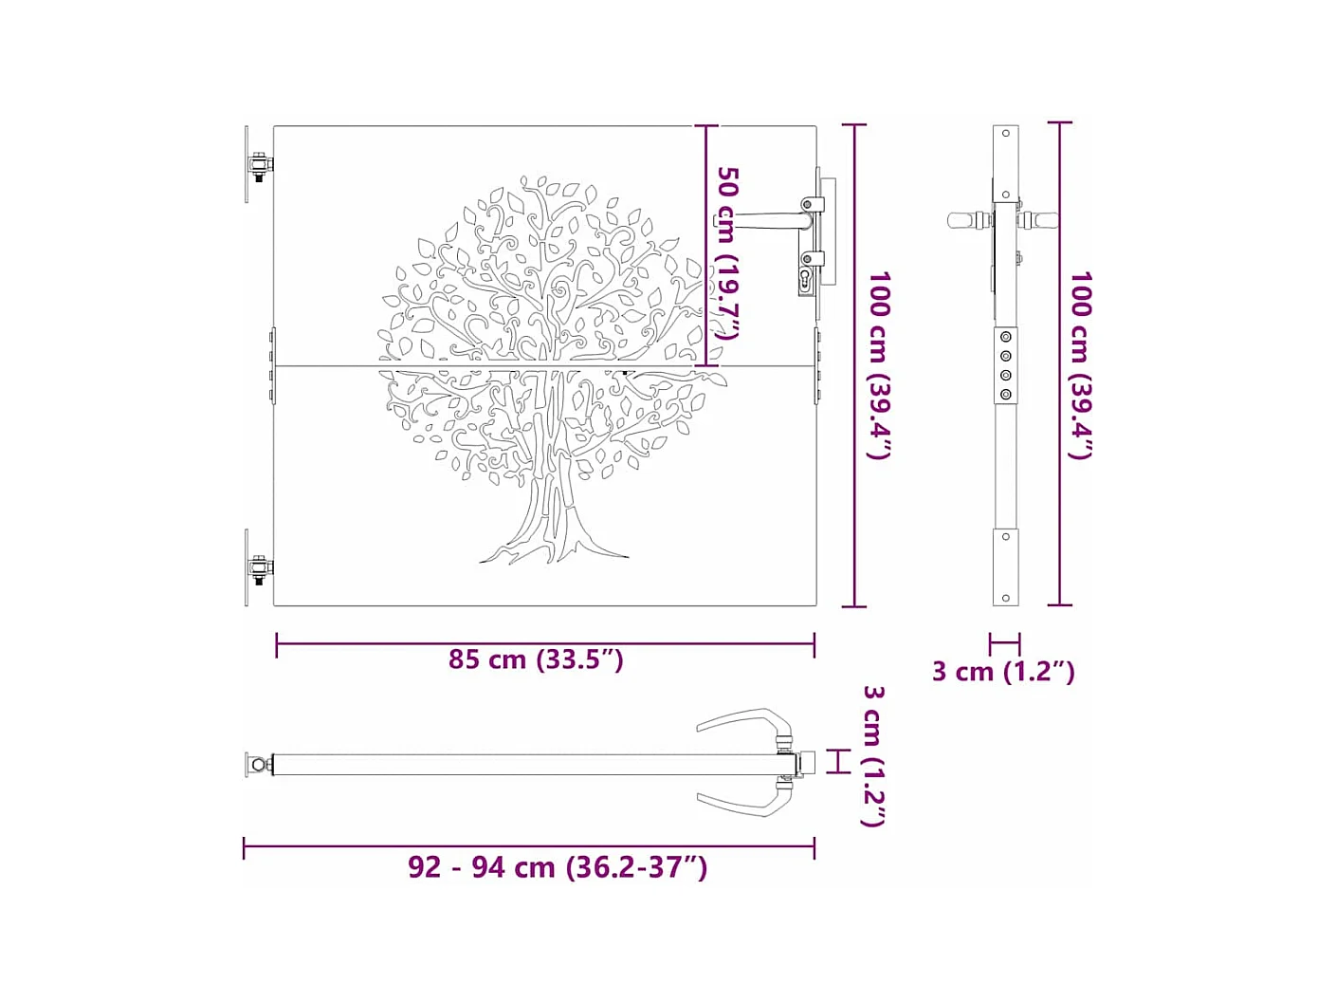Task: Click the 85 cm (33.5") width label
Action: [536, 659]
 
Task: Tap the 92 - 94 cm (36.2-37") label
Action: [557, 866]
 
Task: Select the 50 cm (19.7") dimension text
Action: [727, 252]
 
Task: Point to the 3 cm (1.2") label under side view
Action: [1002, 671]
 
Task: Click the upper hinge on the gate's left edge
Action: [259, 165]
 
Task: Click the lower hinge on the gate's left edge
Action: [259, 568]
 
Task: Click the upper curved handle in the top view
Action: [744, 721]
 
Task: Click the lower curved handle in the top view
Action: [744, 803]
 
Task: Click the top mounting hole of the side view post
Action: [1005, 134]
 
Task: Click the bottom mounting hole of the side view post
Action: [1005, 598]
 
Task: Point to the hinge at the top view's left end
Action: [257, 764]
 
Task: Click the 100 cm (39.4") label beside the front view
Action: [878, 364]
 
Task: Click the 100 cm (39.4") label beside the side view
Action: [1081, 364]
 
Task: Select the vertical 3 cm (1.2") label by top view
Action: [873, 755]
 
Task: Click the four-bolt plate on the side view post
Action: [1006, 365]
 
